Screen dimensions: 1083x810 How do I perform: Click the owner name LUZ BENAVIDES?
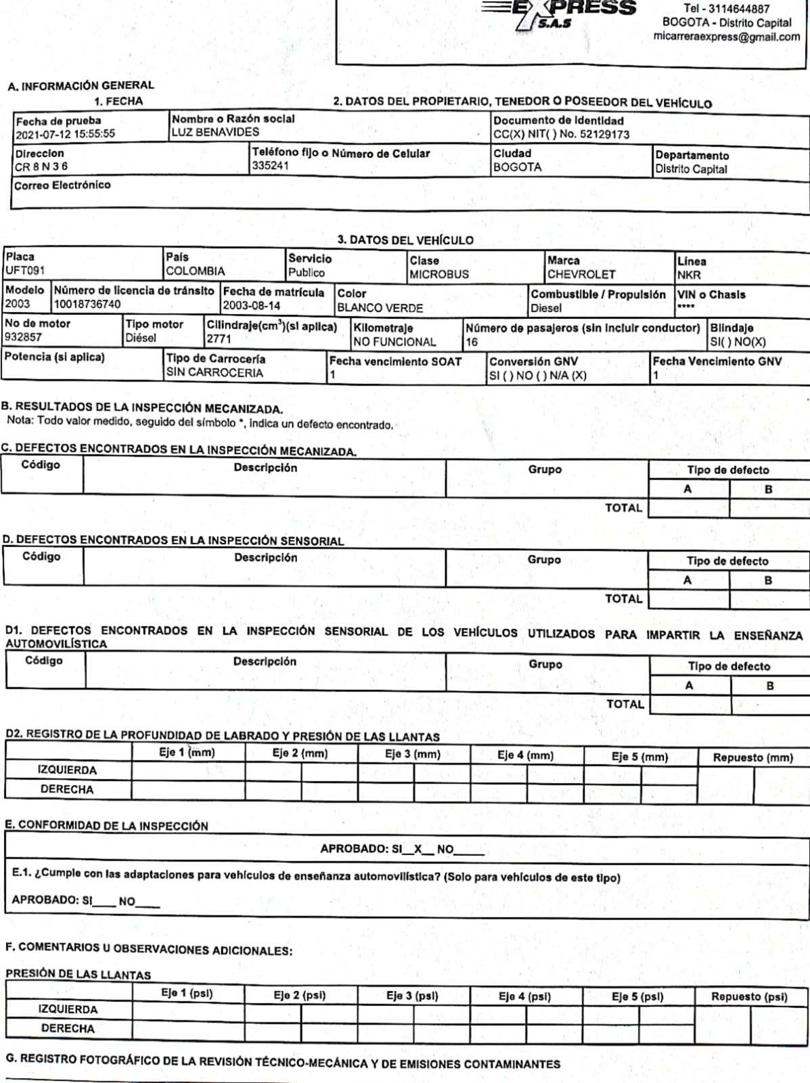pyautogui.click(x=215, y=133)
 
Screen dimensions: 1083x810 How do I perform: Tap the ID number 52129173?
pyautogui.click(x=604, y=134)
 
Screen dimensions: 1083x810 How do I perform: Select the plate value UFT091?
pyautogui.click(x=25, y=271)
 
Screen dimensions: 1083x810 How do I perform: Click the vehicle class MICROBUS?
pyautogui.click(x=439, y=274)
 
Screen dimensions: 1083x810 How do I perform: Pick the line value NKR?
pyautogui.click(x=689, y=275)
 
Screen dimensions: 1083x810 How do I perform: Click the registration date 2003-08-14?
pyautogui.click(x=252, y=305)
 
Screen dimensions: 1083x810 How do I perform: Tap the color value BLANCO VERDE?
pyautogui.click(x=380, y=308)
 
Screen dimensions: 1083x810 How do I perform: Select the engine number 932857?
pyautogui.click(x=23, y=337)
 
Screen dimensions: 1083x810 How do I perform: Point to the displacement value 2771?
pyautogui.click(x=219, y=338)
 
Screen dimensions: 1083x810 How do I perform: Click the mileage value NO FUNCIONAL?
pyautogui.click(x=395, y=342)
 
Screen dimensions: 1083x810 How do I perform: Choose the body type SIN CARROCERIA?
pyautogui.click(x=215, y=372)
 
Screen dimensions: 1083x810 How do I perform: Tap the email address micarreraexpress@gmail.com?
pyautogui.click(x=727, y=37)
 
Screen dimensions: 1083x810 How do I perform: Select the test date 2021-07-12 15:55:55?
pyautogui.click(x=65, y=134)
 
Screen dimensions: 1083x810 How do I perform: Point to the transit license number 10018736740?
pyautogui.click(x=87, y=305)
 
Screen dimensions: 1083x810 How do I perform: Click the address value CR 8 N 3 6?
pyautogui.click(x=41, y=167)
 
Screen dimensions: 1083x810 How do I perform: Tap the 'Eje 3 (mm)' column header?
pyautogui.click(x=413, y=754)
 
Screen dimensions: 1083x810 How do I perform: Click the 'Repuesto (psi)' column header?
pyautogui.click(x=749, y=996)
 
